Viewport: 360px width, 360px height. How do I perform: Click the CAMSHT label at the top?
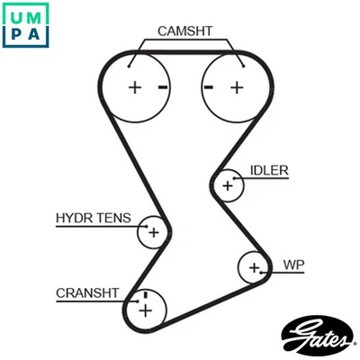point(184,31)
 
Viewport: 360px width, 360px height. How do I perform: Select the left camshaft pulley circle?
point(135,87)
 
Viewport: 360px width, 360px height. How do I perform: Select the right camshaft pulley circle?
point(236,87)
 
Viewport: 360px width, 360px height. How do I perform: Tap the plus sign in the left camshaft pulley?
point(135,87)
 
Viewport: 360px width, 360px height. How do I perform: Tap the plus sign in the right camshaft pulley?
point(237,87)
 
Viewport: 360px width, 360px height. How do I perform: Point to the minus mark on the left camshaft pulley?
point(162,87)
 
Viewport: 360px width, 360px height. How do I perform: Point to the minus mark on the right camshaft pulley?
point(208,87)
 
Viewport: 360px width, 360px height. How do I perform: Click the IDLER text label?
point(269,170)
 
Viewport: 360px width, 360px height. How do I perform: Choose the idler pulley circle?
point(229,186)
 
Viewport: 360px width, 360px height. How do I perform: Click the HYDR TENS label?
point(93,218)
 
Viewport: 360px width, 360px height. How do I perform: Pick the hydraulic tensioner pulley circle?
point(153,233)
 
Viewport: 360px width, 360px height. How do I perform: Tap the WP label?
point(293,265)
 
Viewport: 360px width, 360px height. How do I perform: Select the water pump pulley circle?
point(255,267)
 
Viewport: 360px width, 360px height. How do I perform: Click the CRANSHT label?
point(87,292)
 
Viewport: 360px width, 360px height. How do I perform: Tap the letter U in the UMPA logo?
point(16,15)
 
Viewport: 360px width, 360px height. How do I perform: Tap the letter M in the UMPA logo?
point(39,15)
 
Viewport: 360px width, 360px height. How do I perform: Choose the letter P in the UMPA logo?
point(16,37)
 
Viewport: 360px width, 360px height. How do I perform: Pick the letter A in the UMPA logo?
point(39,37)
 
